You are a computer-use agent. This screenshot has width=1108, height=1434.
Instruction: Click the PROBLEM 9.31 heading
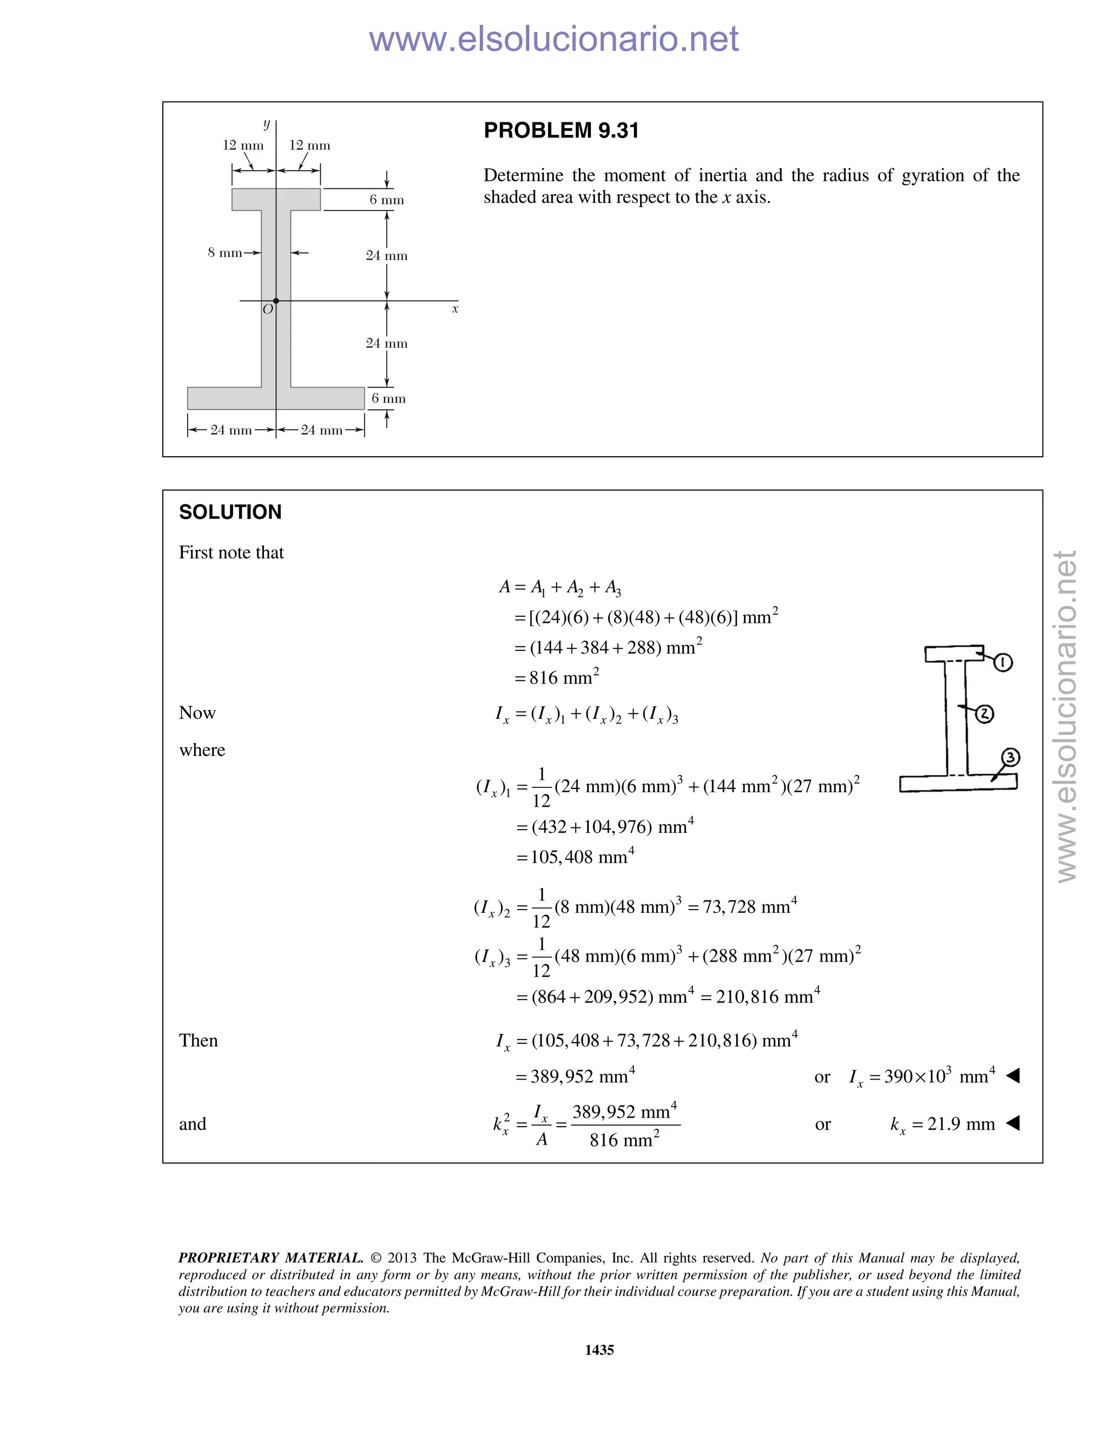[x=560, y=130]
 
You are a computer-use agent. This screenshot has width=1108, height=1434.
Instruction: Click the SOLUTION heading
[x=230, y=512]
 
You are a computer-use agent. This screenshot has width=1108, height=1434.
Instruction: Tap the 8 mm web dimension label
[x=225, y=253]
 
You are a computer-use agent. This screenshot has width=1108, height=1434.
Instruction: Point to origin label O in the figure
[x=267, y=309]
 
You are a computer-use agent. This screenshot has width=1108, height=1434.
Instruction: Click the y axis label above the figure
[x=267, y=123]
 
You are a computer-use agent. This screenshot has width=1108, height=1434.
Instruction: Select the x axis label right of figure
[x=455, y=308]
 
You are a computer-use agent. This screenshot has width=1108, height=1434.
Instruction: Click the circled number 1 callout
[x=1003, y=662]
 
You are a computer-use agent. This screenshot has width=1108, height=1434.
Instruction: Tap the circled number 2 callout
[x=985, y=714]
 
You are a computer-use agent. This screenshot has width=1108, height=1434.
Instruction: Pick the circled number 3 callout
[x=1010, y=758]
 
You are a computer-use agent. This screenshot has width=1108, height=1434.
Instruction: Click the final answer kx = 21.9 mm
[x=942, y=1124]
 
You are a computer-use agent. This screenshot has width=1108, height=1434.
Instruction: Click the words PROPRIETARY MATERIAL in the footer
[x=271, y=1258]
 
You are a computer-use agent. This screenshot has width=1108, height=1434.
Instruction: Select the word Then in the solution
[x=198, y=1041]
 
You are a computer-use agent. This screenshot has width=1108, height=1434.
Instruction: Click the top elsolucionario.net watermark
[x=553, y=39]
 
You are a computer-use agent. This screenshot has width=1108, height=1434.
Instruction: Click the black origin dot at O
[x=276, y=301]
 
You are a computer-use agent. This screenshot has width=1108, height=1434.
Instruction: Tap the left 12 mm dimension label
[x=243, y=145]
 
